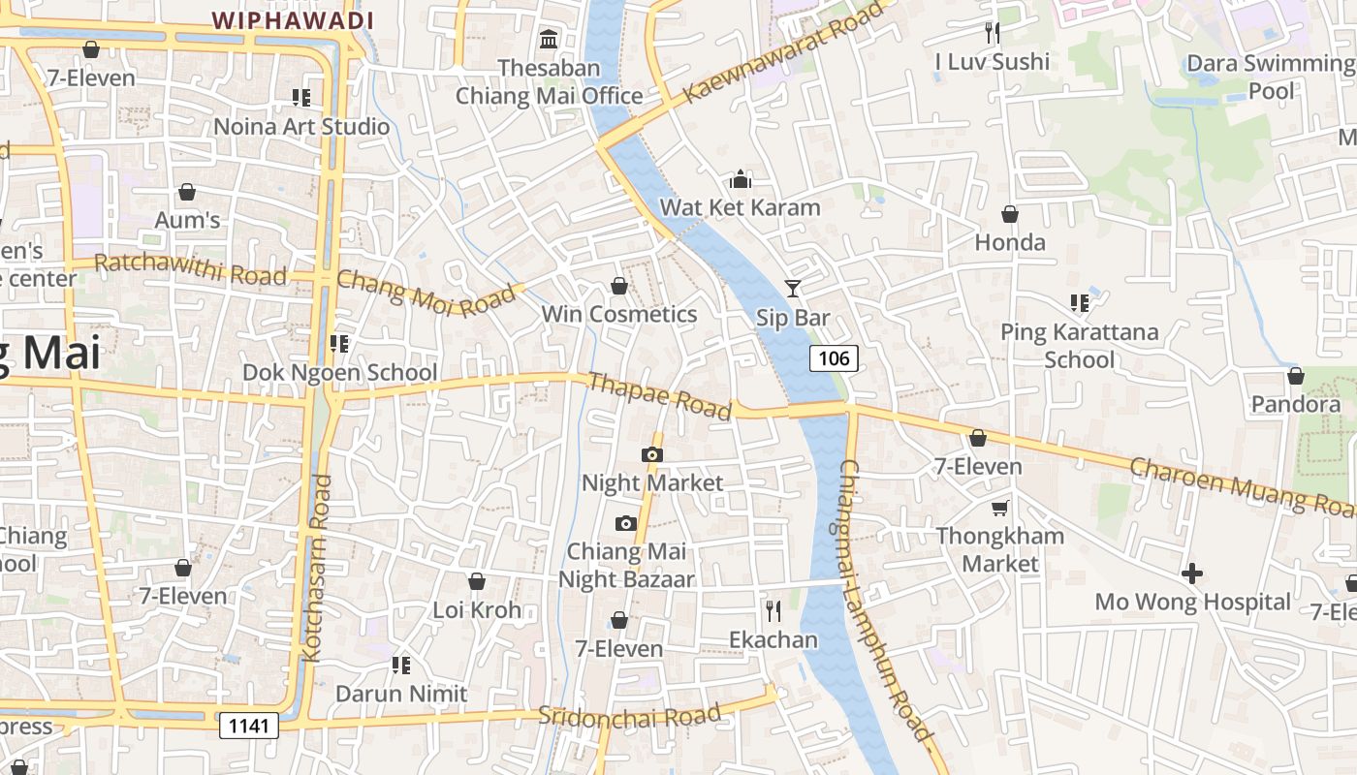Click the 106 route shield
pos(834,358)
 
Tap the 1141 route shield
pos(249,725)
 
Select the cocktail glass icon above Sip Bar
pos(793,288)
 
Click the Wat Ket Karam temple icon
pos(741,179)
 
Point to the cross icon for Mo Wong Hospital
pos(1192,573)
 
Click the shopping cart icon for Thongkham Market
pos(999,508)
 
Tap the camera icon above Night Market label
pos(652,454)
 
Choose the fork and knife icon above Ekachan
pos(773,611)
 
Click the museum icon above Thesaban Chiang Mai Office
pos(549,40)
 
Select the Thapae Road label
pos(659,396)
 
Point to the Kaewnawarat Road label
pos(784,52)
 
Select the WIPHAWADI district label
pos(293,19)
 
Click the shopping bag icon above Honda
pos(1010,214)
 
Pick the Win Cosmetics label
pos(619,314)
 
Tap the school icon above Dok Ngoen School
pos(339,343)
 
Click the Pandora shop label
pos(1296,403)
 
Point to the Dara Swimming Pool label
pos(1271,77)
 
